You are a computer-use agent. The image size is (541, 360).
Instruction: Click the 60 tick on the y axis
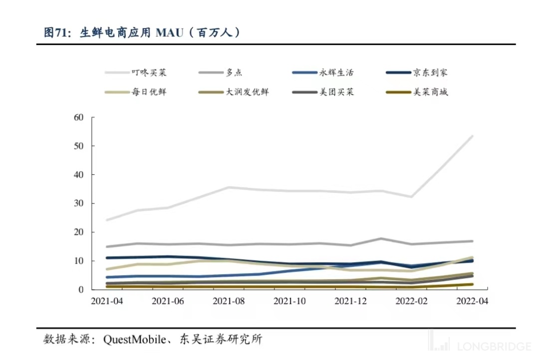[x=77, y=117]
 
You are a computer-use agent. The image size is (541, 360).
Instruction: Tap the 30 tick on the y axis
[x=77, y=204]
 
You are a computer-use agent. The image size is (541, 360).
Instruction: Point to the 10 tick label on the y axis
[x=77, y=261]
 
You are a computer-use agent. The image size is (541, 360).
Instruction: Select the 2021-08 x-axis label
[x=229, y=301]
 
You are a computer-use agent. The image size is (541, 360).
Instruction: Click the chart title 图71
[x=54, y=33]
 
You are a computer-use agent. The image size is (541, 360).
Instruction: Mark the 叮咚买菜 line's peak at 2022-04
[x=472, y=136]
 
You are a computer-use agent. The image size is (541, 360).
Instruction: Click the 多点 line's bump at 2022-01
[x=381, y=239]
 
